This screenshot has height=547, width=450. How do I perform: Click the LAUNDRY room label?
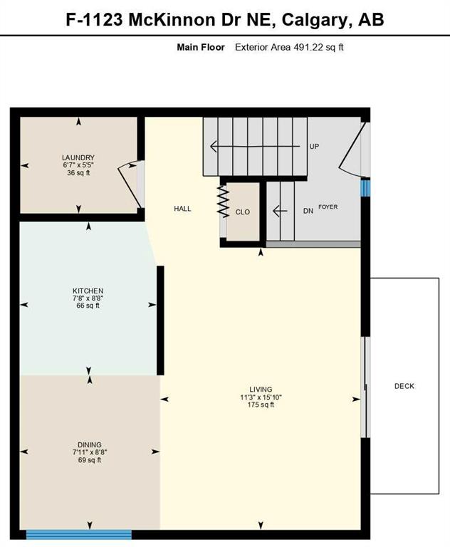(x=78, y=157)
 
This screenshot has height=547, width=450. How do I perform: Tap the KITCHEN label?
(x=88, y=291)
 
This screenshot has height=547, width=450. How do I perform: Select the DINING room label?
(x=90, y=445)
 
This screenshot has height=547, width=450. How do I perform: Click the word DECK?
(x=404, y=386)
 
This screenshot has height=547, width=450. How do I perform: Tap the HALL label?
(x=183, y=209)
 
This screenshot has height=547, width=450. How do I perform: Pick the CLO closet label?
(x=243, y=212)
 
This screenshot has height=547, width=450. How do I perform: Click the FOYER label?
(x=328, y=207)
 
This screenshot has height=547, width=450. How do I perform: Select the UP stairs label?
(x=314, y=147)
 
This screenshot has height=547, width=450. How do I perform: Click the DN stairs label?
(x=308, y=211)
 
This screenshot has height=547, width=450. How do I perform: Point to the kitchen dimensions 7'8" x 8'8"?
(x=88, y=298)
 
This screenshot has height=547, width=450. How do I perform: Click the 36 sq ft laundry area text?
(x=78, y=173)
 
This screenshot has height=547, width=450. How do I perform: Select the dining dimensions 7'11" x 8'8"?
(x=90, y=452)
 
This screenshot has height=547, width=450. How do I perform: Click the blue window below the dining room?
(x=79, y=534)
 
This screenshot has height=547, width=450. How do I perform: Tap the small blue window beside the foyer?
(x=366, y=187)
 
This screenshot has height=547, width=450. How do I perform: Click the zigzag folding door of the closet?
(x=223, y=202)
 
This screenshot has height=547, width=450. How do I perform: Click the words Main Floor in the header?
(x=201, y=47)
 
